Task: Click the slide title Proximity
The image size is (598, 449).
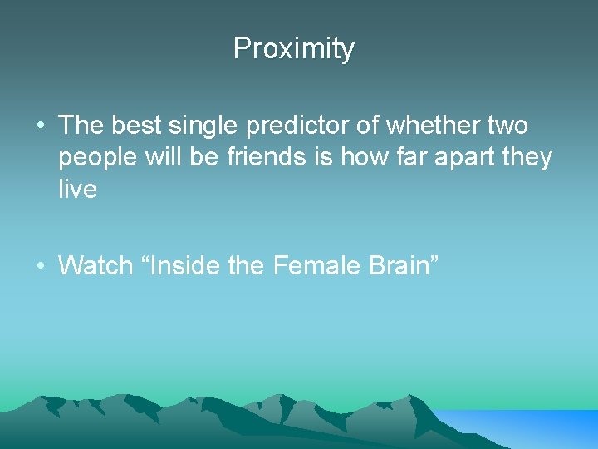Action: tap(293, 49)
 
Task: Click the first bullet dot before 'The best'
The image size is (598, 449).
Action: tap(40, 127)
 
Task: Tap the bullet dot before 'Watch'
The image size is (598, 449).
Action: tap(40, 267)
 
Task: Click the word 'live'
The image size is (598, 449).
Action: tap(77, 189)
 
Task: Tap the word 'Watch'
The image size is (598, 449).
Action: tap(96, 266)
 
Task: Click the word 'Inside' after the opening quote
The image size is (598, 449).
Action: tap(188, 266)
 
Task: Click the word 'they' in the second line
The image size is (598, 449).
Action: tap(528, 158)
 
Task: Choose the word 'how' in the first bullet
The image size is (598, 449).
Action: tap(361, 157)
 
